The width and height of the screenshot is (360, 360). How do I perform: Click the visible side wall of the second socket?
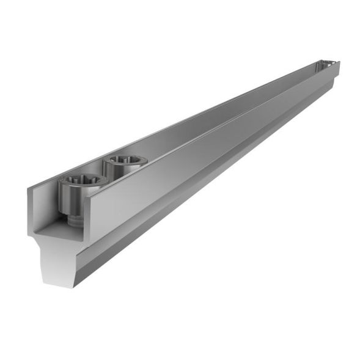coord(113,171)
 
